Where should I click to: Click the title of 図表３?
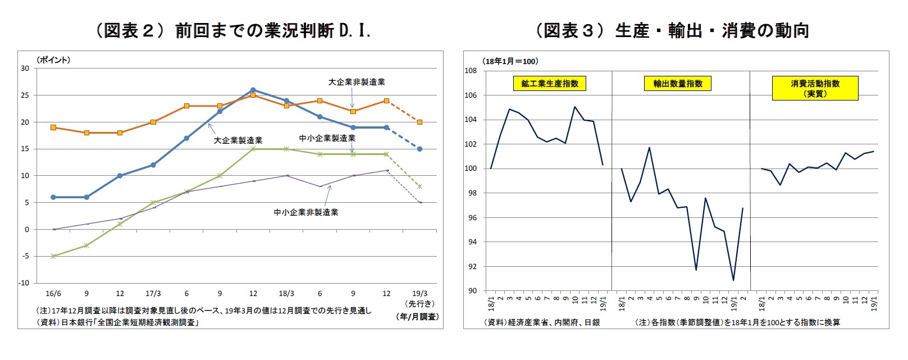coord(672,30)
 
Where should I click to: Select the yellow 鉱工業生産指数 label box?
coord(549,84)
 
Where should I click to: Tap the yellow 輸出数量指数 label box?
coord(678,84)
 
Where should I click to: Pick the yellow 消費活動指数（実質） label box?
coord(815,89)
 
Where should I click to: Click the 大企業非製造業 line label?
coord(357,82)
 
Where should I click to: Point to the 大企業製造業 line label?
coord(238,140)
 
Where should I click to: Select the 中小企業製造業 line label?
coord(327,138)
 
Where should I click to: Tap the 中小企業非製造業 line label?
coord(305,212)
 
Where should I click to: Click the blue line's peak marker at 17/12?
coord(253,90)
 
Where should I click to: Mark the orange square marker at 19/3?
coord(419,122)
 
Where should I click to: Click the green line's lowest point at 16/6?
coord(53,256)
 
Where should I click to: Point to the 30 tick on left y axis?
coord(25,69)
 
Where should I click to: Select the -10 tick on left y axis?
coord(24,283)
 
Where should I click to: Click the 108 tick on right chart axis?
coord(471,71)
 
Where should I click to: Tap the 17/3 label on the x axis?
coord(153,294)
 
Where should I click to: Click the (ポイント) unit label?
coord(53,60)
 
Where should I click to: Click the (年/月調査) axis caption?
coord(417,317)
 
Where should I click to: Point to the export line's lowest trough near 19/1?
coord(733,280)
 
